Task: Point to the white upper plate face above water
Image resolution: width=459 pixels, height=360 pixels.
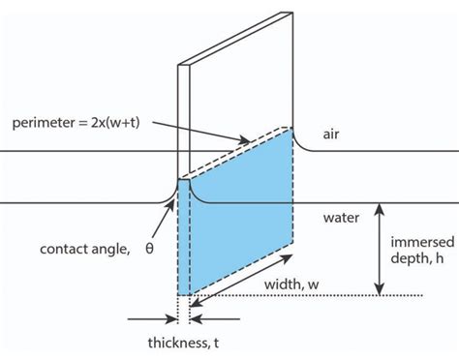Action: [242, 87]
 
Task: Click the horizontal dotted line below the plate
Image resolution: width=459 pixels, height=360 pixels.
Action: [320, 295]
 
